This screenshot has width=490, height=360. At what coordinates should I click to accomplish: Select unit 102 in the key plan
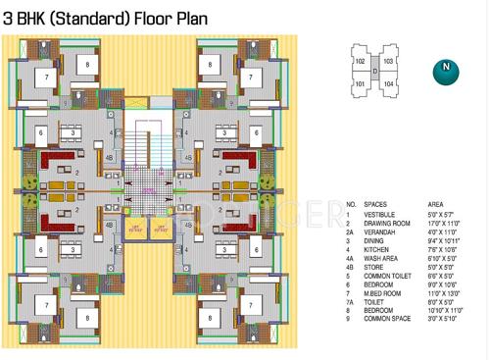click(x=360, y=61)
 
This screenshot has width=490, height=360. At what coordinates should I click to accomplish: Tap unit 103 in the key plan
click(x=388, y=61)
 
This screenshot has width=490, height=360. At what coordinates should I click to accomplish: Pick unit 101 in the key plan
click(x=360, y=84)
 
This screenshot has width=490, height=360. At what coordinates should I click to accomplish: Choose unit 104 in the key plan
click(x=388, y=84)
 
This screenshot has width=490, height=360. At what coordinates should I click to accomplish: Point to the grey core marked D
click(x=373, y=73)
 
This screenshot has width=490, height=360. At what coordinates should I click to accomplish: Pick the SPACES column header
click(x=374, y=204)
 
